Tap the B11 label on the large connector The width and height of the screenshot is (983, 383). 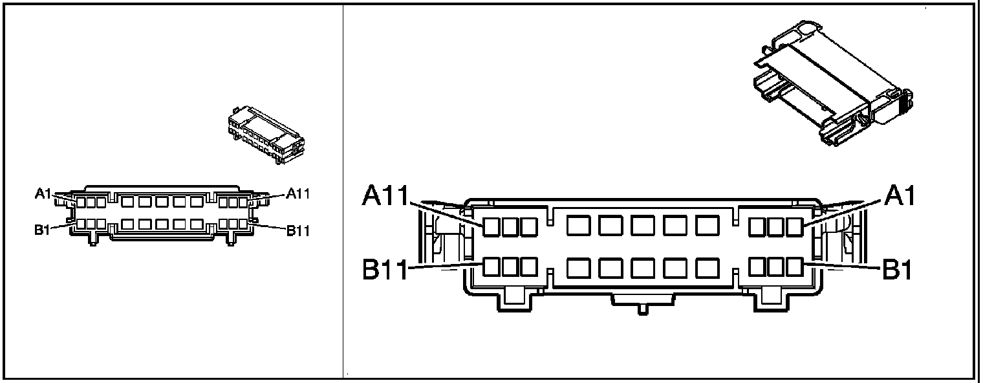[x=385, y=270]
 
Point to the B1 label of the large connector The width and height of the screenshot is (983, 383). [x=898, y=270]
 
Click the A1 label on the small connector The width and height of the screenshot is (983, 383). [x=43, y=193]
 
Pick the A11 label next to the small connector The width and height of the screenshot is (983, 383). [x=298, y=193]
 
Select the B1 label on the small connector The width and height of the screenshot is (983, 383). [x=43, y=230]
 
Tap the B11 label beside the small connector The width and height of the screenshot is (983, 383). [x=298, y=231]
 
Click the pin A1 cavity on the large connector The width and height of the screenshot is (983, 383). [x=795, y=226]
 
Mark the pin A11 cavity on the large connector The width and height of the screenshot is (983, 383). [x=492, y=226]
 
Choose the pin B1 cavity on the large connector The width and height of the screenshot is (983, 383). [x=795, y=267]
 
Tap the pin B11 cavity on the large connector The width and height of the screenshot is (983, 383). [x=492, y=267]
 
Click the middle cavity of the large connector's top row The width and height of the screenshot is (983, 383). [x=643, y=225]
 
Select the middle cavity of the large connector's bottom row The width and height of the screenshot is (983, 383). [x=643, y=267]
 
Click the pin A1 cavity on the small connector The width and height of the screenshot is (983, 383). [x=81, y=202]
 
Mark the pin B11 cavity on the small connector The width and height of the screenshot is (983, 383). [x=243, y=224]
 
